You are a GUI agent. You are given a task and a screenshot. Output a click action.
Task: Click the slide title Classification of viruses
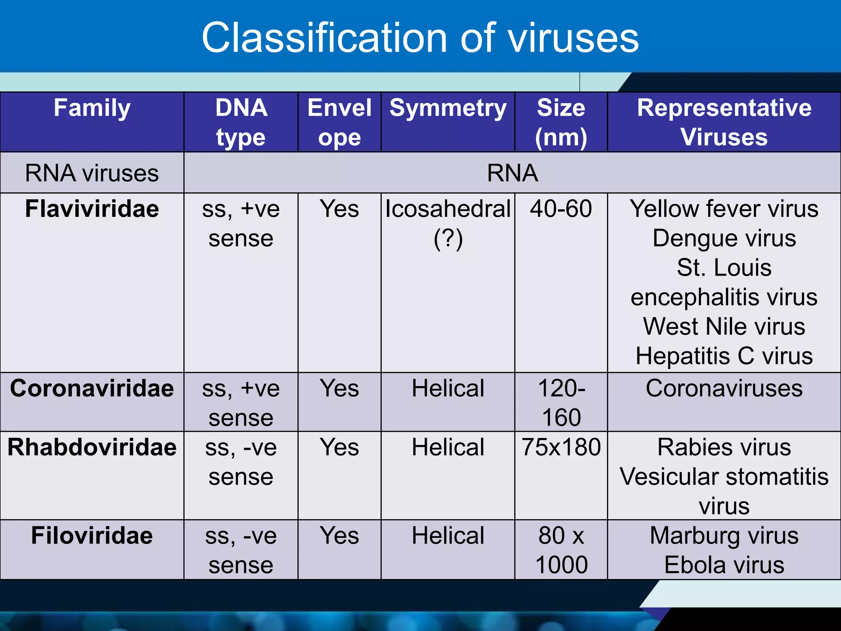coord(420,38)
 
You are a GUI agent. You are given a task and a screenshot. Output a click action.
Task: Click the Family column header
coord(92,108)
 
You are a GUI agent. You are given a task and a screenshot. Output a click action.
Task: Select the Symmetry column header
coord(448,108)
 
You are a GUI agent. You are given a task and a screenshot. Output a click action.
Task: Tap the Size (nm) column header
coord(561,122)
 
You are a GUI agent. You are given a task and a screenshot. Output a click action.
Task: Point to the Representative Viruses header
coord(724,122)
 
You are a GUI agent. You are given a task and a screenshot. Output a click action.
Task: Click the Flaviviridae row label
coord(92,209)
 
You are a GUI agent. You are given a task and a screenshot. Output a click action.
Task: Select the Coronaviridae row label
coord(92,388)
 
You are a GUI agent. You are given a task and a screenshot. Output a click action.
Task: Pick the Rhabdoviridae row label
coord(92,447)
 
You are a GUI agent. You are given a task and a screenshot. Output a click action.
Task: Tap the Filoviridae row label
coord(92,536)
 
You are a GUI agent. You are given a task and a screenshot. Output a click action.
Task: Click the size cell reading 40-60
coord(561,209)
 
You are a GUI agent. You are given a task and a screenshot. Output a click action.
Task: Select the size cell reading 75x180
coord(561,447)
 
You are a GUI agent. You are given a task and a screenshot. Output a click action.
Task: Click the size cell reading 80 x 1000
coord(561,550)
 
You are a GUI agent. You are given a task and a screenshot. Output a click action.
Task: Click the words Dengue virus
coord(724,238)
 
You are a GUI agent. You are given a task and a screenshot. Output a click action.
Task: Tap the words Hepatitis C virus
coord(724,356)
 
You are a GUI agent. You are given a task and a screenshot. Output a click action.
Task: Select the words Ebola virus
coord(724,565)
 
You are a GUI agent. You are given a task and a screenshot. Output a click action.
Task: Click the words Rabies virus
coord(724,447)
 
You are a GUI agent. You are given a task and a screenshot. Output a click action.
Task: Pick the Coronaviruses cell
coord(724,388)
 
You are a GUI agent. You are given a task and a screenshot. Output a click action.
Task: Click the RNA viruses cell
coord(92,173)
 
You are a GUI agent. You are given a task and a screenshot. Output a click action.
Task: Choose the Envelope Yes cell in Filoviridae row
coord(339,536)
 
